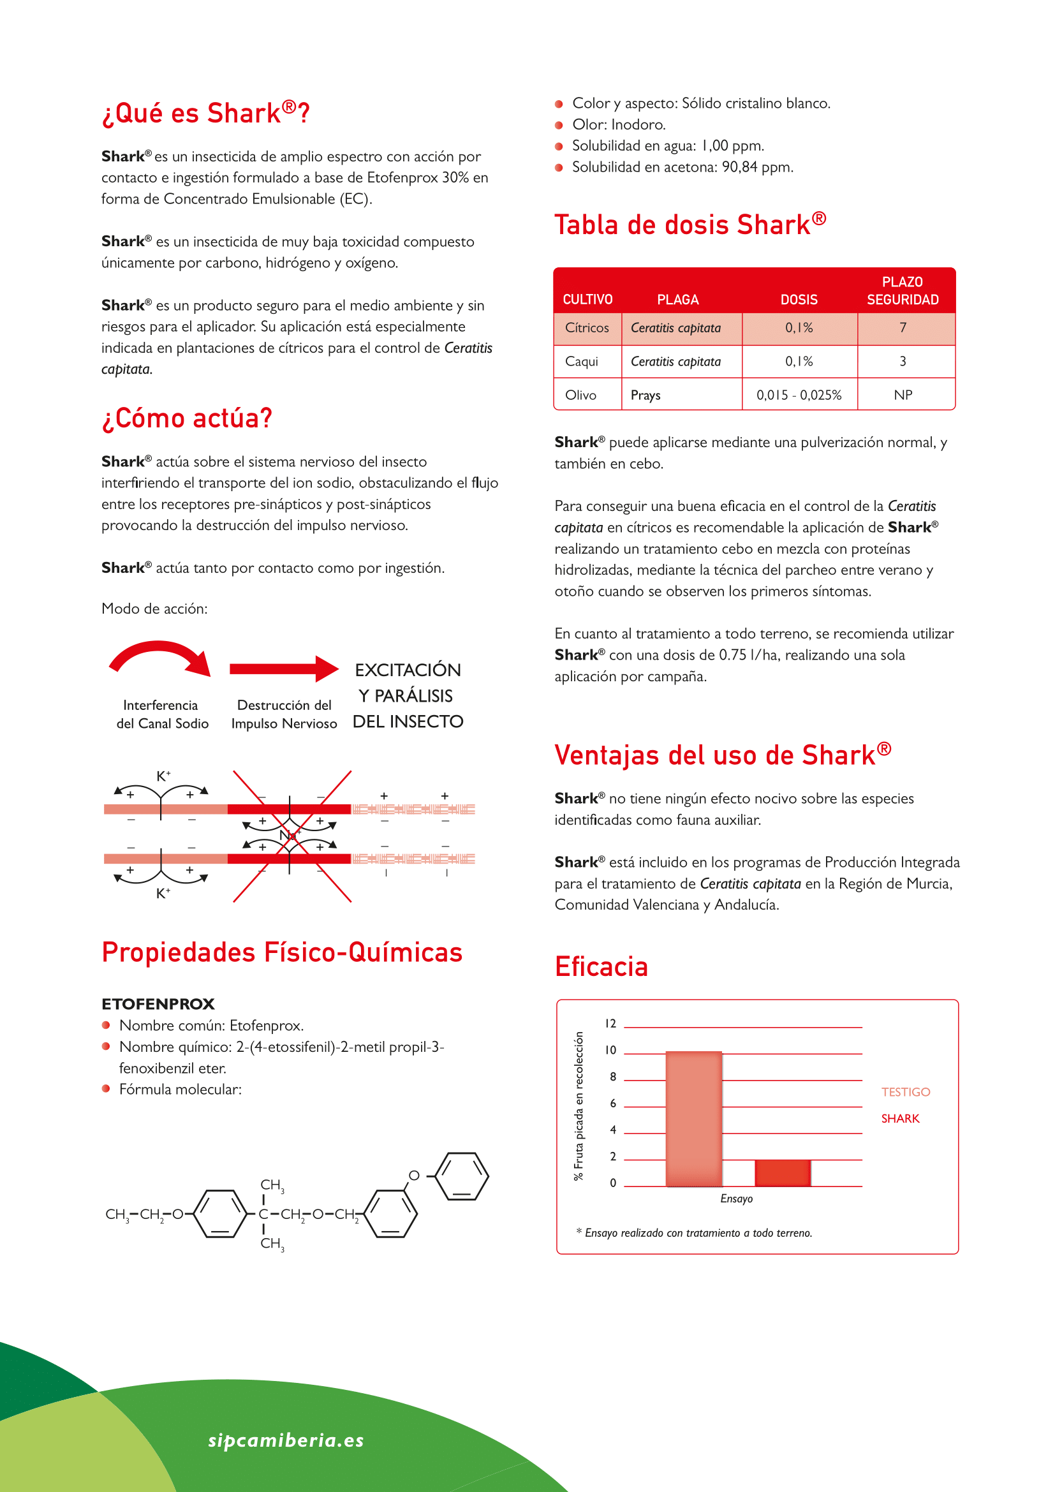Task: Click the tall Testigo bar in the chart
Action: [x=694, y=1118]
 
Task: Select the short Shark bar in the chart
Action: [x=782, y=1173]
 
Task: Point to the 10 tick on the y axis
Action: [x=610, y=1050]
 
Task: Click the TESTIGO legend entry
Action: [x=906, y=1091]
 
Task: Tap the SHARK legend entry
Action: [x=901, y=1118]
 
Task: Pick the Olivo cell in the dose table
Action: [x=581, y=395]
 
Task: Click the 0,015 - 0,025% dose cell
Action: [x=799, y=395]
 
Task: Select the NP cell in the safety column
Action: [x=903, y=395]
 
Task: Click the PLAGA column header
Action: [x=677, y=300]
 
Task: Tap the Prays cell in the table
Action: [x=646, y=395]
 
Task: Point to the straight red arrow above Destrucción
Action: [x=284, y=668]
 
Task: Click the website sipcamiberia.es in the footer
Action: [x=286, y=1440]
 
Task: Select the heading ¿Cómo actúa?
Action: [x=187, y=418]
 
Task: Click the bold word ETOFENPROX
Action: [x=158, y=1004]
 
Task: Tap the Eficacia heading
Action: [x=601, y=966]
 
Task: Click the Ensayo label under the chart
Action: [x=736, y=1199]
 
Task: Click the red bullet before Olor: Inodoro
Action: [x=559, y=125]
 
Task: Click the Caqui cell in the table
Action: [x=582, y=361]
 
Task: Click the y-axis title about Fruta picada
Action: [x=578, y=1105]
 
